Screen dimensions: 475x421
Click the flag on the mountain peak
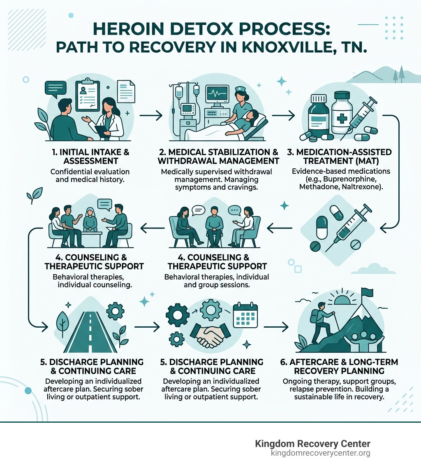pyautogui.click(x=367, y=292)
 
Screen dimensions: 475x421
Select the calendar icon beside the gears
pyautogui.click(x=245, y=315)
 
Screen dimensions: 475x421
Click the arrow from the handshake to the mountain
pyautogui.click(x=275, y=327)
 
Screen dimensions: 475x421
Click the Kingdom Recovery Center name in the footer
pyautogui.click(x=312, y=444)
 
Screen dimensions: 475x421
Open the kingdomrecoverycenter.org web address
pyautogui.click(x=320, y=453)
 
